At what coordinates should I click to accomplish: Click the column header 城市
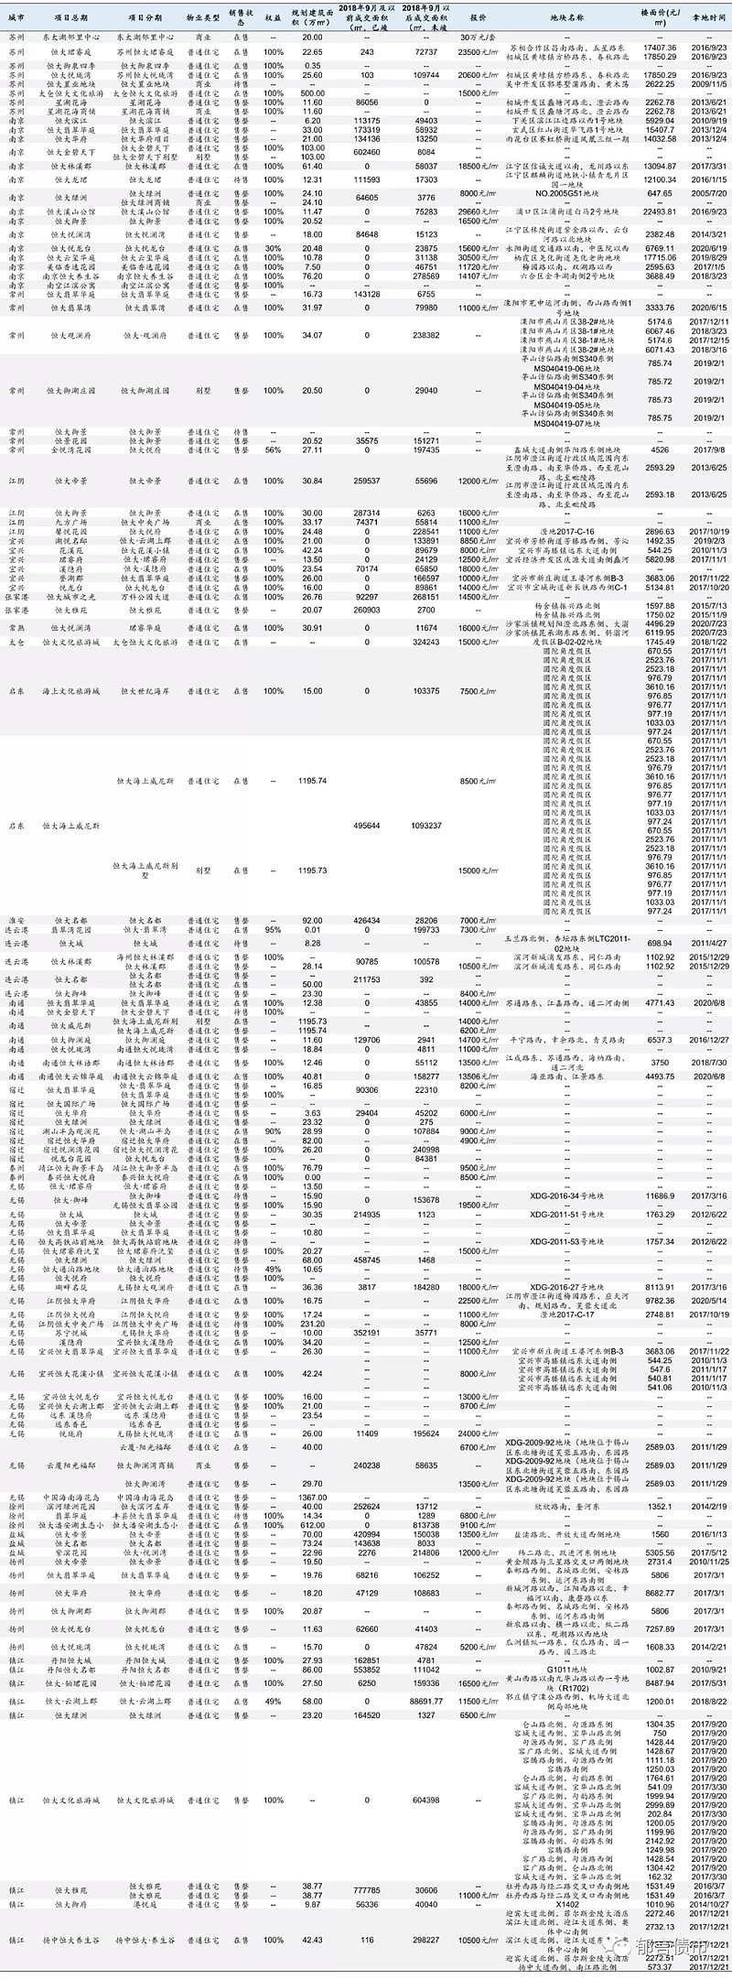pyautogui.click(x=16, y=17)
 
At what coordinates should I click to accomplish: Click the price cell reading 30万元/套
pyautogui.click(x=478, y=36)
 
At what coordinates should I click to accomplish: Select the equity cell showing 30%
pyautogui.click(x=273, y=248)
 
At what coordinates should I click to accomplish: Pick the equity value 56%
pyautogui.click(x=273, y=449)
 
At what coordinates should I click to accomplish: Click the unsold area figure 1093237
pyautogui.click(x=426, y=825)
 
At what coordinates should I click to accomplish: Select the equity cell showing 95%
pyautogui.click(x=273, y=929)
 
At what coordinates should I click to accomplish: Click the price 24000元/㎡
pyautogui.click(x=478, y=1433)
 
